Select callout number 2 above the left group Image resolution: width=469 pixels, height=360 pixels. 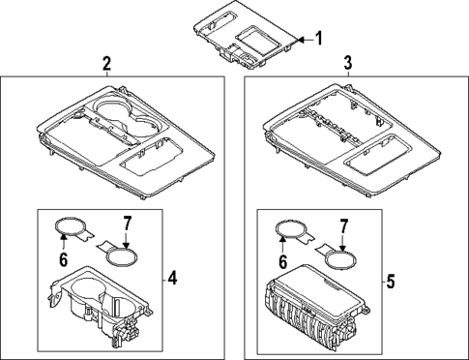coord(107,64)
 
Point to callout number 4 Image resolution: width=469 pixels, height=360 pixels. coord(171,280)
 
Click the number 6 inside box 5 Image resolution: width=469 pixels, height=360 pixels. coord(283,261)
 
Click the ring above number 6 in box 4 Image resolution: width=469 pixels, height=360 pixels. coord(69,229)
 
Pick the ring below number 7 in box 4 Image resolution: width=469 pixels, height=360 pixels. coord(119,258)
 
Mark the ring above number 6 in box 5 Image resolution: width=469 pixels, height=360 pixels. coord(287,230)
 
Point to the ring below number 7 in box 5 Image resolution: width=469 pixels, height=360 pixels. coord(337,258)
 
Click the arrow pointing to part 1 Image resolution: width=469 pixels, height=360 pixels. coord(304,39)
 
